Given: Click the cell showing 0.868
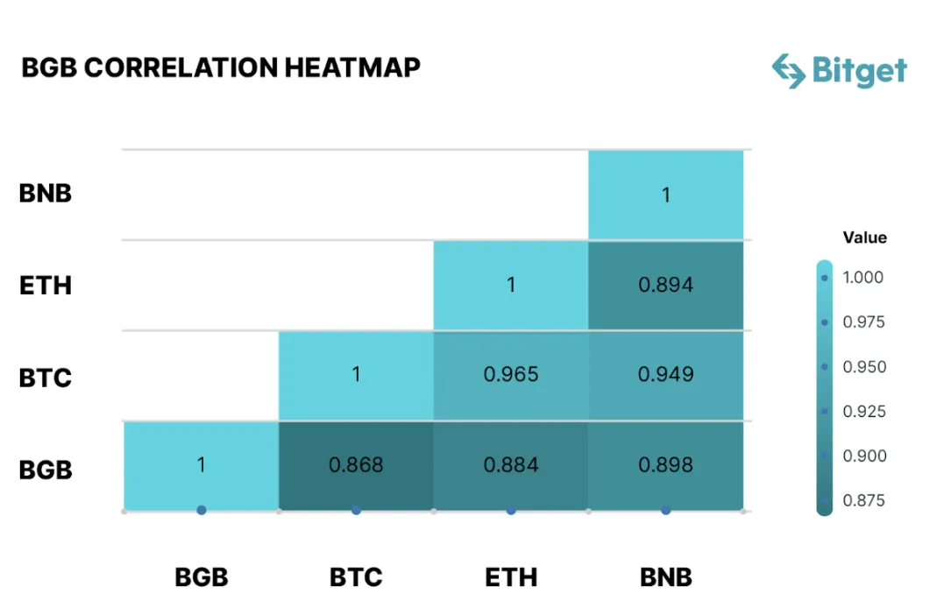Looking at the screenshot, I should (x=356, y=465).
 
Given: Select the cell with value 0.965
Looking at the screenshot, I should (x=511, y=375).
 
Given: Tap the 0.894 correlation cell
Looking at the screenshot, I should (x=665, y=285).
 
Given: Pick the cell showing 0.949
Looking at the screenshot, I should (x=665, y=375).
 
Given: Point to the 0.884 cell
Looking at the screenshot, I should (x=511, y=465).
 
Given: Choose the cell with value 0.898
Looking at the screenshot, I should (x=665, y=465).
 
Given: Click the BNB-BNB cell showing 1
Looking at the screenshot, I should (x=665, y=194).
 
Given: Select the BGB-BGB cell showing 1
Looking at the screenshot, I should (x=202, y=465).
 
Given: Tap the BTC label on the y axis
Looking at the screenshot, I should (x=46, y=378).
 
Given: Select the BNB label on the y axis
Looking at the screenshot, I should (x=46, y=194).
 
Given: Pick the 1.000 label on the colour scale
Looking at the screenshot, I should (x=863, y=278).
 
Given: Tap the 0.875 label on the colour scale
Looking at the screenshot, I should (x=863, y=501).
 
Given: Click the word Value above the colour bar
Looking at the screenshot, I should (x=864, y=237).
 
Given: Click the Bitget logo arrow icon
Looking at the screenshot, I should (x=788, y=71).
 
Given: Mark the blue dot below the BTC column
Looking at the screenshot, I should (x=356, y=510).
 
